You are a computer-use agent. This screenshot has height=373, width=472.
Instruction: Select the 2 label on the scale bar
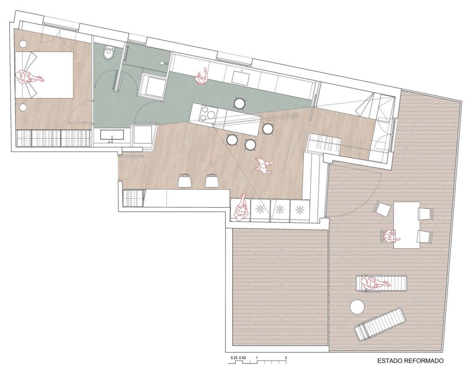286,358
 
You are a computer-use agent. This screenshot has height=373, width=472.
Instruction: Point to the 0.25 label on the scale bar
234,358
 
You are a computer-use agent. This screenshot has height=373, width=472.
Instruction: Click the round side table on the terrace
357,307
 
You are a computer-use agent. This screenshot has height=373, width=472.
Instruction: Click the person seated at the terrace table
390,236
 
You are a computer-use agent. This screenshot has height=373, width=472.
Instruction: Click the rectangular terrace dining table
407,225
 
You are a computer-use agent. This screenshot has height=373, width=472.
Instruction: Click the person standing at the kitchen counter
201,77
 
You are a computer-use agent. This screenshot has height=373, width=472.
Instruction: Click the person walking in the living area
263,166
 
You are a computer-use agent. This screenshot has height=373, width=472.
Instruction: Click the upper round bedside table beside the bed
23,44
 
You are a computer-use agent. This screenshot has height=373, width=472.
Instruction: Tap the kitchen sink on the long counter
240,77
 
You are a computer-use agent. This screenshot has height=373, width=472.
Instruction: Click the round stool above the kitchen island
240,104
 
